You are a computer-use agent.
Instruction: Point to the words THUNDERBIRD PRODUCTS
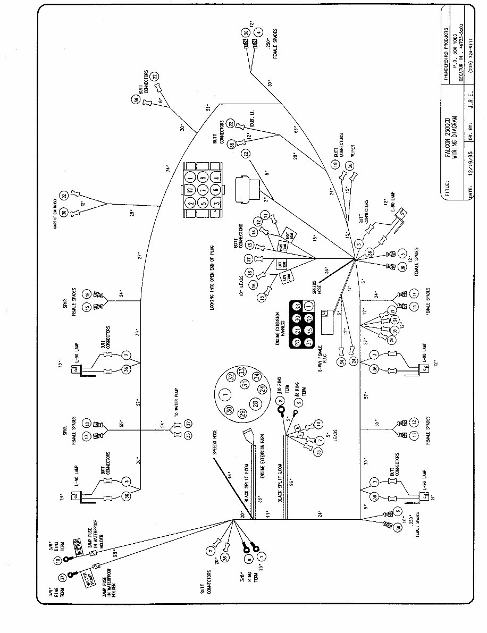pos(447,48)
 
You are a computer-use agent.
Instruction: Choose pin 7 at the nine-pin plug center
pos(203,190)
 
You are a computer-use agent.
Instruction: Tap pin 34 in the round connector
pos(255,376)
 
